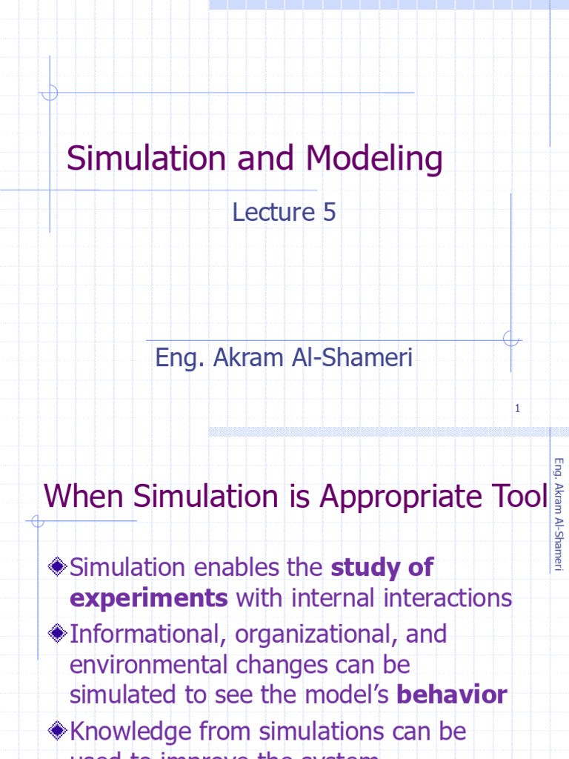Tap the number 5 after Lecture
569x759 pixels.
pos(329,213)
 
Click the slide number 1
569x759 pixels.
pos(517,408)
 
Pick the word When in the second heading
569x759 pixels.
pos(75,496)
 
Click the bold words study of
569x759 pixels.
pos(382,568)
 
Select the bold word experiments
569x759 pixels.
pos(149,598)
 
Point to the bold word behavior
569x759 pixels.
pos(452,695)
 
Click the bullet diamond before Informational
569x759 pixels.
pos(58,634)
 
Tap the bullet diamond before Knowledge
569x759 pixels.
pos(58,732)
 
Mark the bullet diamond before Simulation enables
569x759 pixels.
pos(58,569)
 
